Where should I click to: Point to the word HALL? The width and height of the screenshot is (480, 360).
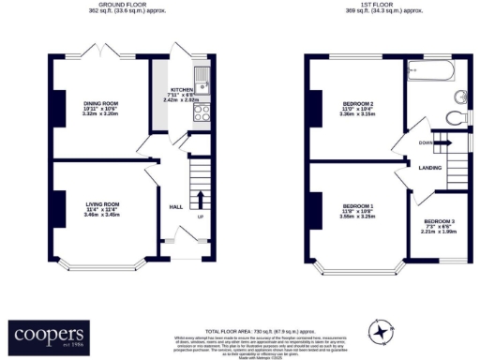coord(175,207)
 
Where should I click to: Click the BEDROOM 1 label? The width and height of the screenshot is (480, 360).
coord(358,205)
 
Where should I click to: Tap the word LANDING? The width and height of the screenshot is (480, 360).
coord(431,169)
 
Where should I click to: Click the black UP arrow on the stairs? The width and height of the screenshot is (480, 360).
coord(199,199)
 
